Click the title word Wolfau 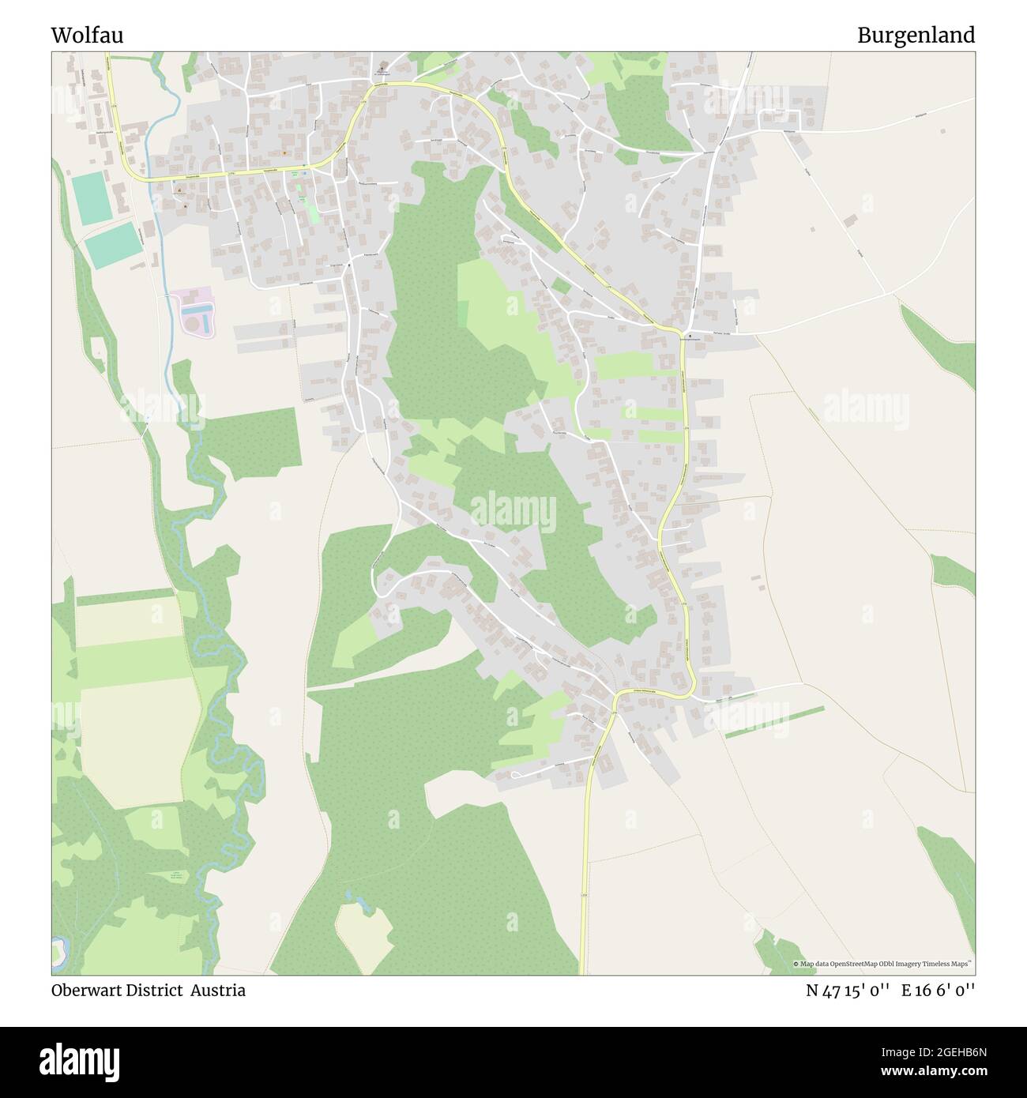coord(87,36)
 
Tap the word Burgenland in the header coord(916,36)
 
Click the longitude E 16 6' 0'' coord(939,991)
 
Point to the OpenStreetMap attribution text coord(883,964)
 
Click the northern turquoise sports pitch coord(92,198)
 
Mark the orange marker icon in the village coord(284,152)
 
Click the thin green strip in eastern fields coord(774,722)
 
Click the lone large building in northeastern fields coord(850,220)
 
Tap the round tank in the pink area coord(194,324)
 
